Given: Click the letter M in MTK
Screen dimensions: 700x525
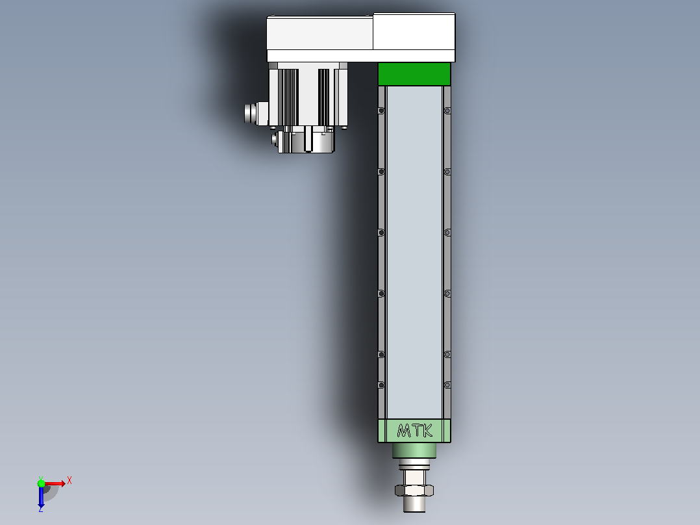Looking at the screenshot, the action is [x=404, y=431].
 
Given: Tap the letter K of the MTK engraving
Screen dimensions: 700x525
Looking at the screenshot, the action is [x=427, y=430].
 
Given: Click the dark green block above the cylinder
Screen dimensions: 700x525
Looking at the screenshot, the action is [x=414, y=73].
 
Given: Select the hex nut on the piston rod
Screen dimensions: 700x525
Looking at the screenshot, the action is [x=414, y=490].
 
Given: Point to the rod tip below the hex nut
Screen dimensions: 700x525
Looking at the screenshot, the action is [x=414, y=504].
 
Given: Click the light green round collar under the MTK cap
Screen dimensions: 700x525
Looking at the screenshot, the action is [x=414, y=450].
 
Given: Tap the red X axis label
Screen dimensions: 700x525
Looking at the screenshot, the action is [x=69, y=481].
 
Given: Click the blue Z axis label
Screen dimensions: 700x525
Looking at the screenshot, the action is [x=41, y=508].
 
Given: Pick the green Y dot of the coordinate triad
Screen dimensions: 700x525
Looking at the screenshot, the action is [x=41, y=483].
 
